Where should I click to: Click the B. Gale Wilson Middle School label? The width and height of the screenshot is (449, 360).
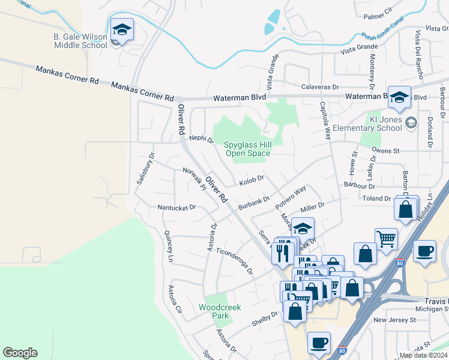point(80,41)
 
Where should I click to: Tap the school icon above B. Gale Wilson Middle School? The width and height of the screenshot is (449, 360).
point(122,30)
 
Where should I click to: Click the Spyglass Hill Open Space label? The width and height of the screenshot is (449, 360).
point(247,149)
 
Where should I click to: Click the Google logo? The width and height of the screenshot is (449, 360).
point(20,353)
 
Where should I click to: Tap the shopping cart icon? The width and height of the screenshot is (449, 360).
point(386,239)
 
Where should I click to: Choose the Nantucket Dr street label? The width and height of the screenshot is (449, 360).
point(176,208)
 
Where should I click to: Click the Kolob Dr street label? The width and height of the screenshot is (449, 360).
point(252,179)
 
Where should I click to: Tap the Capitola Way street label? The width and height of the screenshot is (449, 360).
point(325,120)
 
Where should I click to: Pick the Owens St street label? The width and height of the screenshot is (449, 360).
point(385,151)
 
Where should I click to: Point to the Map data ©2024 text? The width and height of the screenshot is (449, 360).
point(423,355)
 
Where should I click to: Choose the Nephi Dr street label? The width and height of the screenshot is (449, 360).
point(201,139)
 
